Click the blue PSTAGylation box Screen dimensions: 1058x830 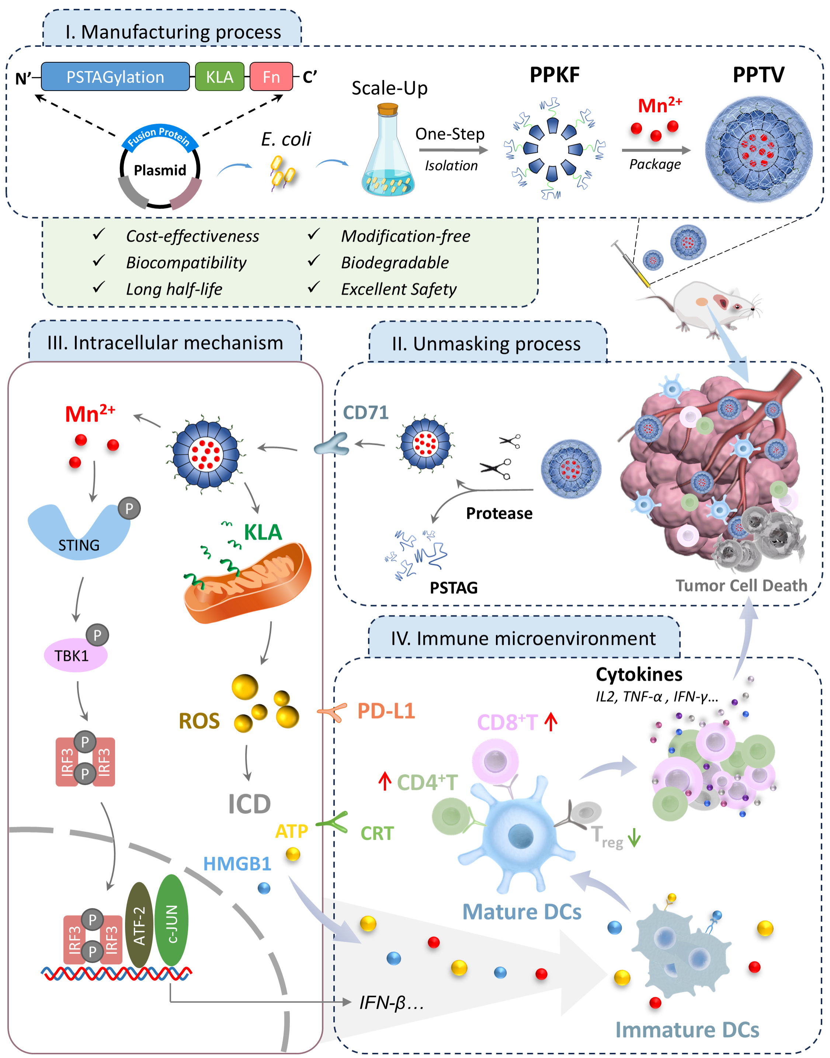point(115,77)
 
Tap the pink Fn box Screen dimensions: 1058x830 point(271,77)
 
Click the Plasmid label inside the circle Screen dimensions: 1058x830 point(160,170)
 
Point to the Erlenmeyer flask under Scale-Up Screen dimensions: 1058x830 point(388,156)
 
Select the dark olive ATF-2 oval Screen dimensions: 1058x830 point(139,925)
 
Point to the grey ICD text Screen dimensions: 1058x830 point(249,804)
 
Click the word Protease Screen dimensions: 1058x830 point(499,513)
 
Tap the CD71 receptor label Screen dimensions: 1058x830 point(365,413)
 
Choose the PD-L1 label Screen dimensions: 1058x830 point(386,711)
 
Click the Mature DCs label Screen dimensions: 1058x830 point(521,912)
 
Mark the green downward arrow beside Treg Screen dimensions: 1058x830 point(634,839)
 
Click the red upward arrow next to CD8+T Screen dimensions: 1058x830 point(551,722)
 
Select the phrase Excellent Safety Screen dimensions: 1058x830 point(399,289)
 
